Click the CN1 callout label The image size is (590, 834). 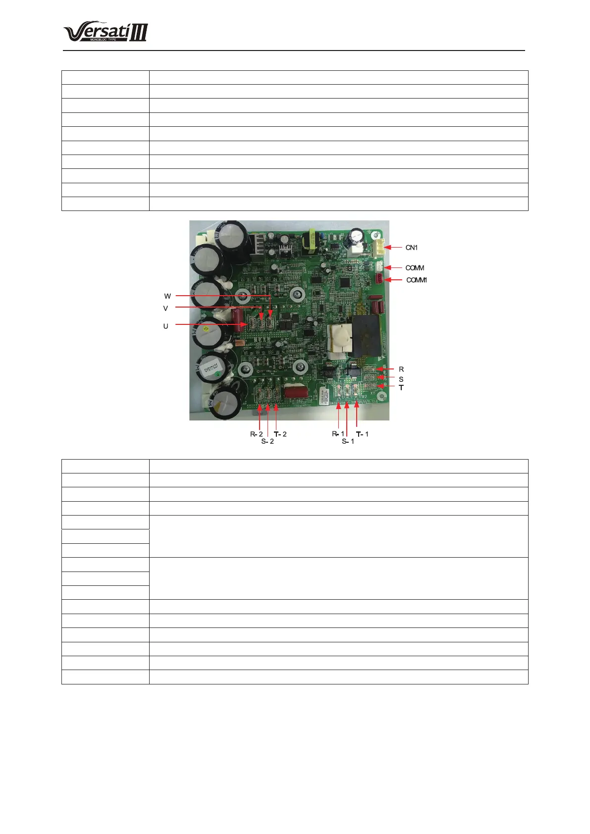[x=412, y=248]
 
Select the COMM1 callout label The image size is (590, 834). [x=417, y=280]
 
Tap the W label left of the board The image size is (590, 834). [x=167, y=296]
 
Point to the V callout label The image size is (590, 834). [x=165, y=308]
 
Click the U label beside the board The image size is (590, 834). [x=165, y=326]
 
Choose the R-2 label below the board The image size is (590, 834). [x=256, y=434]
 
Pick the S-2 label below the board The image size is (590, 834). [x=268, y=441]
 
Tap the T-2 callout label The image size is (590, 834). [x=280, y=434]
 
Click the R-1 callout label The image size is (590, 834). [x=338, y=434]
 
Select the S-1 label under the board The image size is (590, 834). [x=348, y=441]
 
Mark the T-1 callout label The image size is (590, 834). [x=363, y=434]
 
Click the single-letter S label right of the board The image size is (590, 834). [x=401, y=379]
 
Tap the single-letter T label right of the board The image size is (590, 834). [x=401, y=388]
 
